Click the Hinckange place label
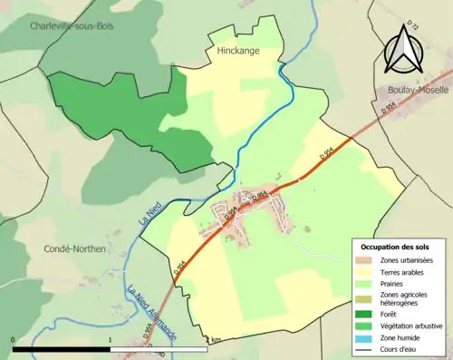(238, 52)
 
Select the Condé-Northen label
(74, 248)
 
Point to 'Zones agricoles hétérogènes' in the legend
(404, 299)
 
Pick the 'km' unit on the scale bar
(215, 340)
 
